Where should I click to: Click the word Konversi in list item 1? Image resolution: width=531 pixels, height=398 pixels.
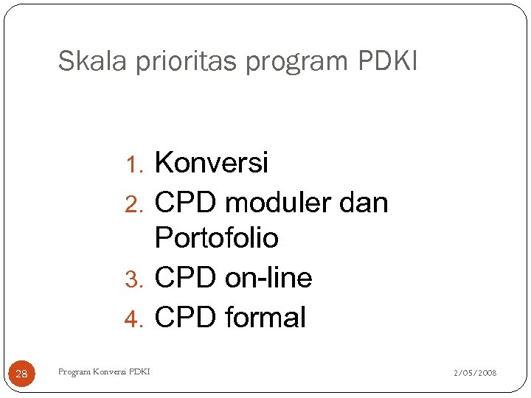[212, 162]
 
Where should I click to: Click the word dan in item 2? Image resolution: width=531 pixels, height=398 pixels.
[367, 202]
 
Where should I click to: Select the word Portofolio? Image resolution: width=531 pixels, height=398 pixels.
[217, 239]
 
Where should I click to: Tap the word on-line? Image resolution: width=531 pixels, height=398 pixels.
[268, 278]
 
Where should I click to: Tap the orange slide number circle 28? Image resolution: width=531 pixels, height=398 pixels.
[21, 374]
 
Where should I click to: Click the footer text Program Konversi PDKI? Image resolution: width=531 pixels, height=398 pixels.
[103, 371]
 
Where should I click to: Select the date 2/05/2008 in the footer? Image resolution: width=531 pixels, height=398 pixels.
[475, 373]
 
